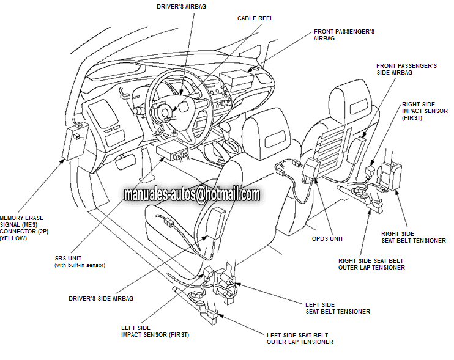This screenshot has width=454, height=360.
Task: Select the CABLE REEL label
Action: (x=255, y=18)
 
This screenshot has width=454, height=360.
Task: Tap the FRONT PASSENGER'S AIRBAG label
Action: (x=344, y=34)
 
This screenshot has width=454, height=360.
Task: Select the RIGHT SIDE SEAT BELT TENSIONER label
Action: (x=414, y=237)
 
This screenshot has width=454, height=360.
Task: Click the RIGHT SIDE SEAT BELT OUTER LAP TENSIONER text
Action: (x=371, y=264)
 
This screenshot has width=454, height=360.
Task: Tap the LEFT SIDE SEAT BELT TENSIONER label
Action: (x=337, y=308)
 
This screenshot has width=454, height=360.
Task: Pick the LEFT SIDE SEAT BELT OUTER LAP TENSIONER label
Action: (x=300, y=339)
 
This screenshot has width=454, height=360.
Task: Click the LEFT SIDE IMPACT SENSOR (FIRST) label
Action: (x=155, y=331)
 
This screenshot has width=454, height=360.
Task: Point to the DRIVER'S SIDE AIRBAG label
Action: (x=101, y=299)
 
